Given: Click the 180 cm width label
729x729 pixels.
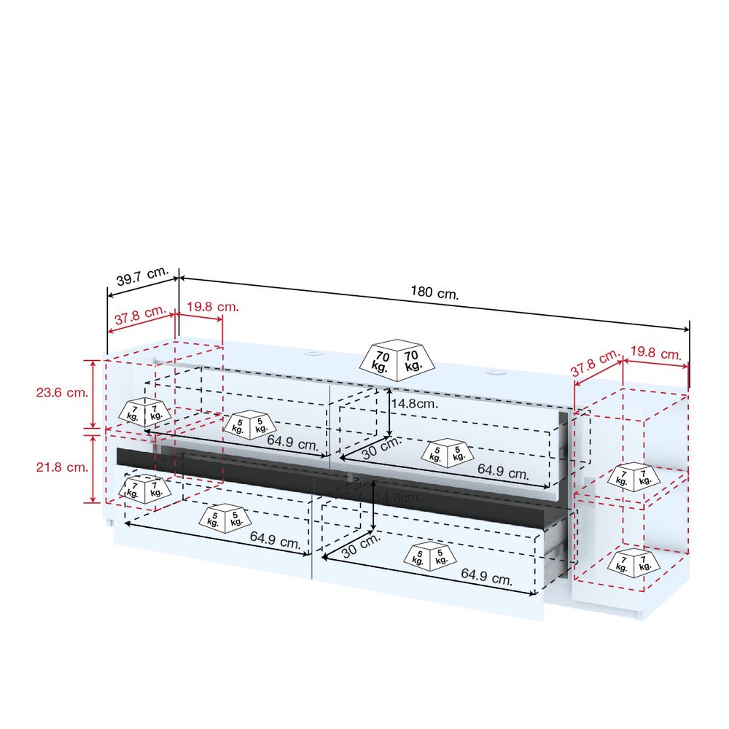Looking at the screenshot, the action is [434, 292].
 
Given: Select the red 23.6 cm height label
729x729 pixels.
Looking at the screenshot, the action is [62, 392].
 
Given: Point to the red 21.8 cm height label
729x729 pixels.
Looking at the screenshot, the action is [62, 467].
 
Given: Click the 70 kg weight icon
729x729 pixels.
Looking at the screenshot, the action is [397, 360].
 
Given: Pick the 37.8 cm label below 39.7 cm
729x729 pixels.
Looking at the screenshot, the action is [140, 315].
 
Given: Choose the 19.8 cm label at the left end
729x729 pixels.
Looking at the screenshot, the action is [213, 307].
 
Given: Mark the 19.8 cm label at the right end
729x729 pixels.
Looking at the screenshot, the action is [656, 354].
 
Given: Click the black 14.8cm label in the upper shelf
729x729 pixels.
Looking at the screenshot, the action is [414, 404].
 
